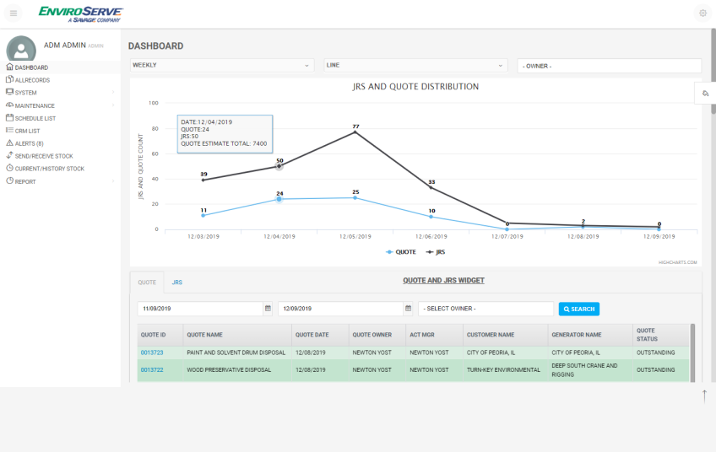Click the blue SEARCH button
point(579,309)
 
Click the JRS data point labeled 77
point(355,132)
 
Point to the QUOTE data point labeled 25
point(355,198)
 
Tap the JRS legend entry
point(436,252)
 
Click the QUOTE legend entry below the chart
point(401,252)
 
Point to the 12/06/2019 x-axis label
point(431,237)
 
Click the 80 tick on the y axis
point(155,129)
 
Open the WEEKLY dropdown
point(222,65)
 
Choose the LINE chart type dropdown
point(415,65)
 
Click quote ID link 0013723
point(152,352)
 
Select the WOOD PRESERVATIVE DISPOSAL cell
point(229,370)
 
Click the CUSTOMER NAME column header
point(491,335)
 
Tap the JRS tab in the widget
point(177,282)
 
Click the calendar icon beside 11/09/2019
point(268,309)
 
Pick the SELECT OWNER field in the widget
point(485,309)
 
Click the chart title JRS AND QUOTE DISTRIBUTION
point(415,87)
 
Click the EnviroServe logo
point(81,13)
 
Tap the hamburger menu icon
point(14,13)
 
